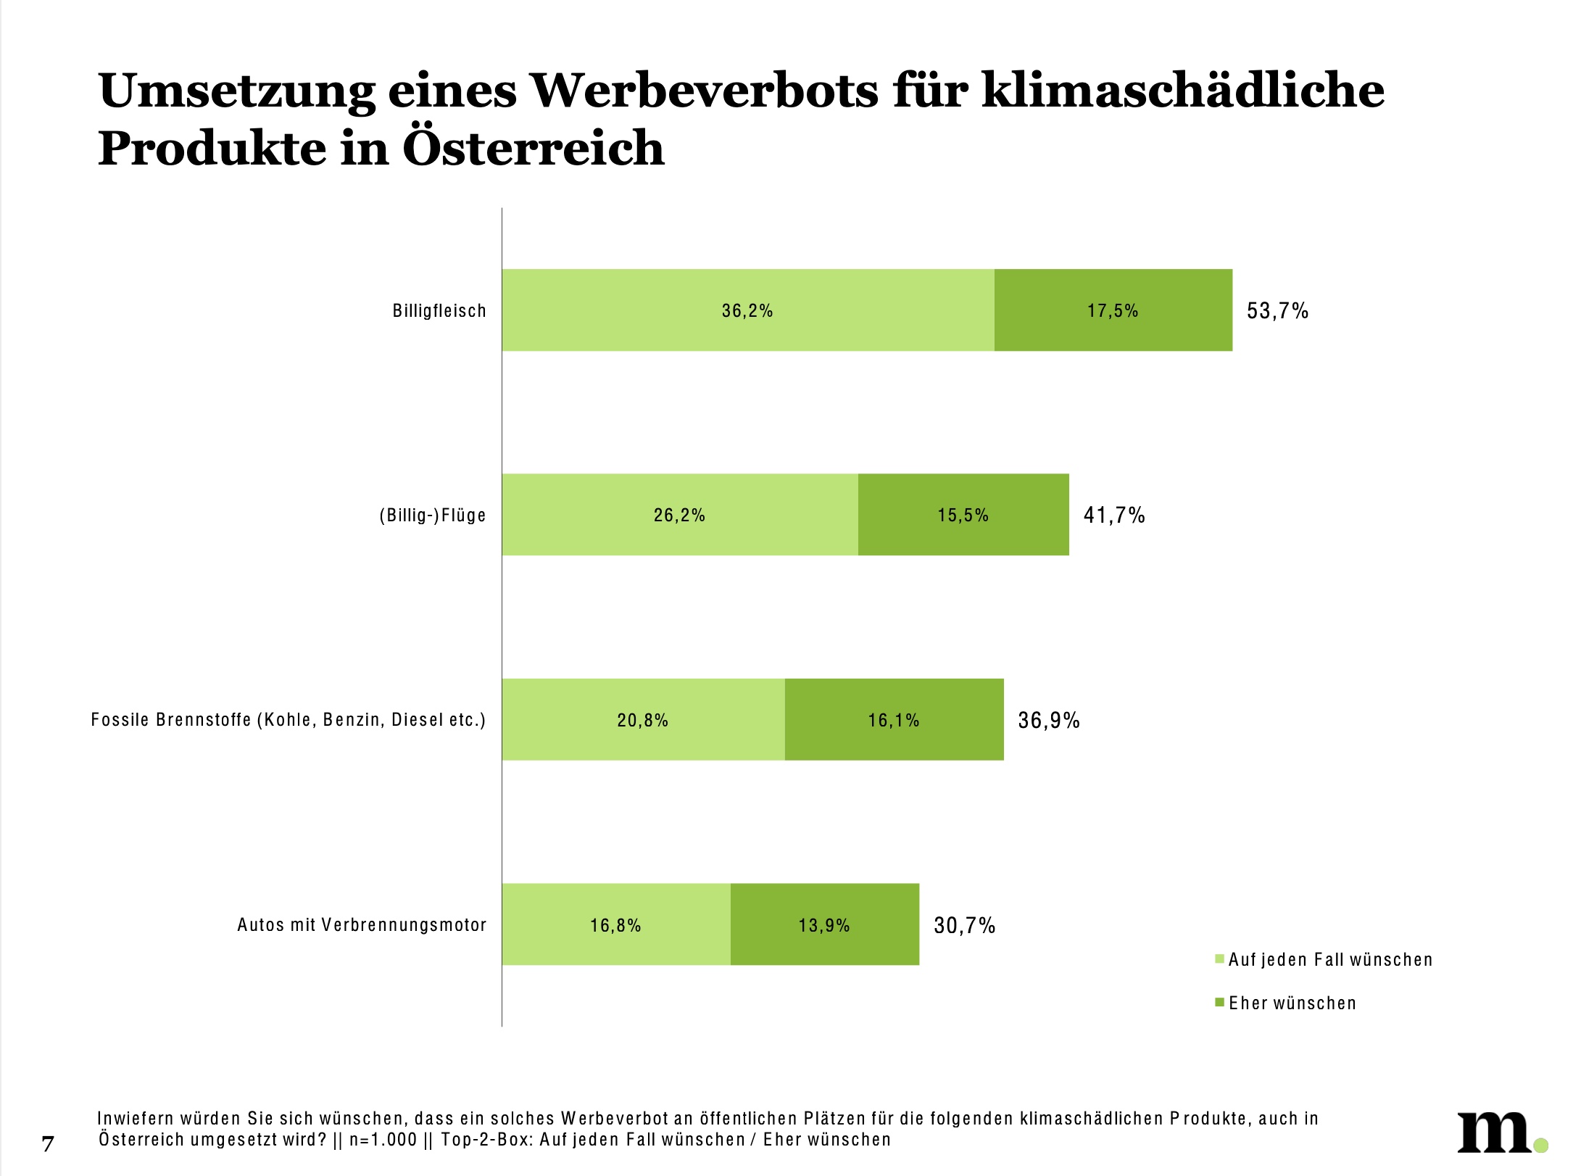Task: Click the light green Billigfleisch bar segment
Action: (x=747, y=310)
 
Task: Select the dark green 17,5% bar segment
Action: (x=1113, y=310)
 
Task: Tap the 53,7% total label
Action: (x=1277, y=311)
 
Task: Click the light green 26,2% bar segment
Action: (x=679, y=515)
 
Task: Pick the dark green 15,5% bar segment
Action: (x=963, y=515)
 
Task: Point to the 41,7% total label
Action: (x=1114, y=515)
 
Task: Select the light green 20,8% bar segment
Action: (x=642, y=720)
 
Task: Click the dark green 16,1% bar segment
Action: (x=894, y=720)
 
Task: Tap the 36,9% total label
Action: (x=1049, y=720)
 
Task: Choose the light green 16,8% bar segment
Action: (x=615, y=924)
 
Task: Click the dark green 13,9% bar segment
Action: (x=824, y=924)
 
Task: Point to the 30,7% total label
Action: (x=964, y=925)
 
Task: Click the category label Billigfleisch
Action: (x=439, y=311)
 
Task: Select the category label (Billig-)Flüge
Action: (x=433, y=515)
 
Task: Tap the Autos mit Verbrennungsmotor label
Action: (x=362, y=924)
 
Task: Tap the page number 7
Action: (x=48, y=1143)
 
